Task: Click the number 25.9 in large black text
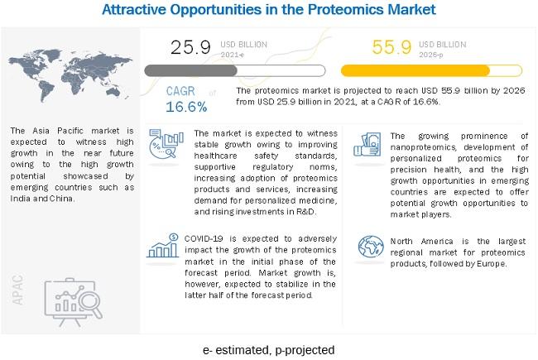[190, 47]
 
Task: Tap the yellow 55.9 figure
[391, 47]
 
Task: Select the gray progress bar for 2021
[235, 70]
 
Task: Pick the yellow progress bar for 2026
[431, 70]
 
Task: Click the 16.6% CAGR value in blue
[186, 107]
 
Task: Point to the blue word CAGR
[180, 91]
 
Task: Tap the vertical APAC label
[18, 290]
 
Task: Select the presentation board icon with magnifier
[74, 302]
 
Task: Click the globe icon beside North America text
[371, 247]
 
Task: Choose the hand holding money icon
[367, 145]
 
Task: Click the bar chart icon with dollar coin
[163, 245]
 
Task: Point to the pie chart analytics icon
[166, 144]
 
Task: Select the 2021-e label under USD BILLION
[232, 55]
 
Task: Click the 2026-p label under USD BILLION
[431, 55]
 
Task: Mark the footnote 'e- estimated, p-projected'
[269, 350]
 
